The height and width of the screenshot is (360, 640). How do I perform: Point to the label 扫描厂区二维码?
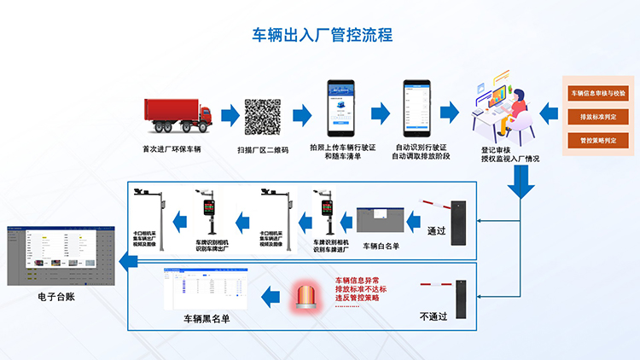[x=263, y=148]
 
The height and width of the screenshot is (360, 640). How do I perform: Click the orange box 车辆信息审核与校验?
[x=597, y=92]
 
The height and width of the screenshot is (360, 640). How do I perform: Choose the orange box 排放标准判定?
[x=597, y=116]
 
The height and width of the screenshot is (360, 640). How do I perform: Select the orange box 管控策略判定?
[x=597, y=139]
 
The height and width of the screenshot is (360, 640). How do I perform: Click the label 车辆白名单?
[x=381, y=246]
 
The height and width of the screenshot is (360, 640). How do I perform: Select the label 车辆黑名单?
[x=207, y=319]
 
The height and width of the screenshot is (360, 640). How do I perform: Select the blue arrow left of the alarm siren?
[x=271, y=296]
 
